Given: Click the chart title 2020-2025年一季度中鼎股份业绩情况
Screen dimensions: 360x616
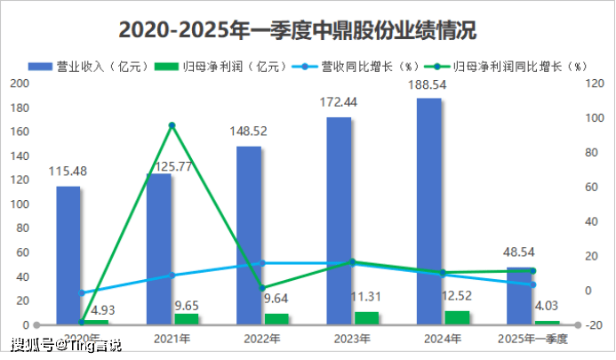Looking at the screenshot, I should click(297, 30).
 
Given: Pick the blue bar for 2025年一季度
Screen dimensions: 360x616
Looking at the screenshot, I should click(519, 295).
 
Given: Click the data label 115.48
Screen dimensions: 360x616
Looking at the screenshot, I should click(68, 171).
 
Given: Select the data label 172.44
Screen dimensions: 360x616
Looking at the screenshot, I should click(341, 102).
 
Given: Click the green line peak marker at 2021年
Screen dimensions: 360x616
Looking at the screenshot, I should click(172, 125).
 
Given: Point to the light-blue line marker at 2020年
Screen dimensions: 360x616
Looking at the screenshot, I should click(82, 292).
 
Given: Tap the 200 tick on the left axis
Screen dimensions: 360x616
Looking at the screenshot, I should click(19, 84).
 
